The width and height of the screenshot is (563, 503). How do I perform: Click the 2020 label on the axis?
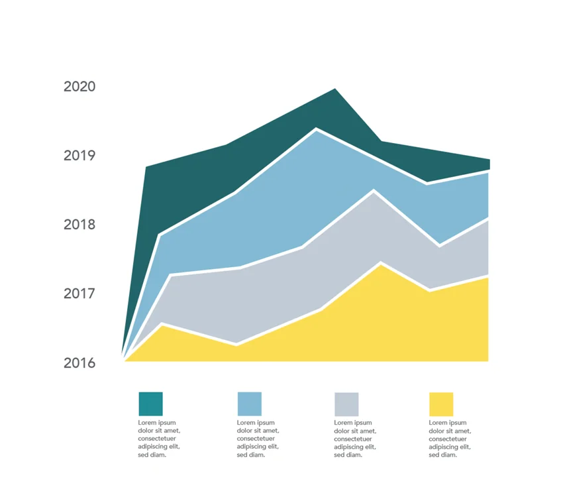tap(79, 87)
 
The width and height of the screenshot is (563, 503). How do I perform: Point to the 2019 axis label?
tap(79, 156)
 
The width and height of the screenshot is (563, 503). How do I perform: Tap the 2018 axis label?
tap(79, 225)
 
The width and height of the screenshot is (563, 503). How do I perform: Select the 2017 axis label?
tap(79, 294)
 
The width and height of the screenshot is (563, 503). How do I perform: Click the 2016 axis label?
tap(79, 363)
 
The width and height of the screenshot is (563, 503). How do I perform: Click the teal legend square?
tap(150, 404)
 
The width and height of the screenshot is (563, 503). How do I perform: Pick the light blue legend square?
tap(249, 404)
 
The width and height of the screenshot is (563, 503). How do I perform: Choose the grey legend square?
tap(346, 404)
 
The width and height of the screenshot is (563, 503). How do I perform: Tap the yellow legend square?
tap(441, 404)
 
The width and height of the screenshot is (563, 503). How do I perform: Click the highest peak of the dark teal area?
tap(335, 89)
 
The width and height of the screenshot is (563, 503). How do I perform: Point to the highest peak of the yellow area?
tap(380, 264)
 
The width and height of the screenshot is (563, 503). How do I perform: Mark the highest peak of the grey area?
tap(374, 192)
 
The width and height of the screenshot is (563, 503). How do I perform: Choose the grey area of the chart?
tap(265, 292)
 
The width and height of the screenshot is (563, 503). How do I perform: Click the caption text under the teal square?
tap(159, 439)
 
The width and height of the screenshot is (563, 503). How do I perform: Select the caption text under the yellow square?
tap(450, 439)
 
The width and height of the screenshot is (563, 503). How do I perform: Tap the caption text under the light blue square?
tap(258, 439)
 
